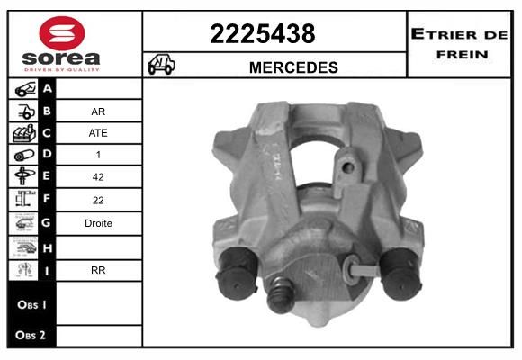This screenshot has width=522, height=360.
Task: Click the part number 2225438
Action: coord(263,33)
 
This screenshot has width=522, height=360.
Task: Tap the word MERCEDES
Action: coord(293,67)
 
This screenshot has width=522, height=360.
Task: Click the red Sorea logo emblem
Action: coord(62,33)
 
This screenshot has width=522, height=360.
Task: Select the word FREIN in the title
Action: coord(462,55)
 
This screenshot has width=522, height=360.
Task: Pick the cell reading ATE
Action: coord(98,133)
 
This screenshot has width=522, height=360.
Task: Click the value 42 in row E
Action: coord(98,176)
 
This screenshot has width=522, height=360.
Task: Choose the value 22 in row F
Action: coord(98,200)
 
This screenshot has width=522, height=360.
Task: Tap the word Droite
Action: coord(98,223)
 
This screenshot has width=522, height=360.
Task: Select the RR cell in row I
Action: coord(98,270)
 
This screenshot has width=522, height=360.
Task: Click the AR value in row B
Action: coord(98,112)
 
